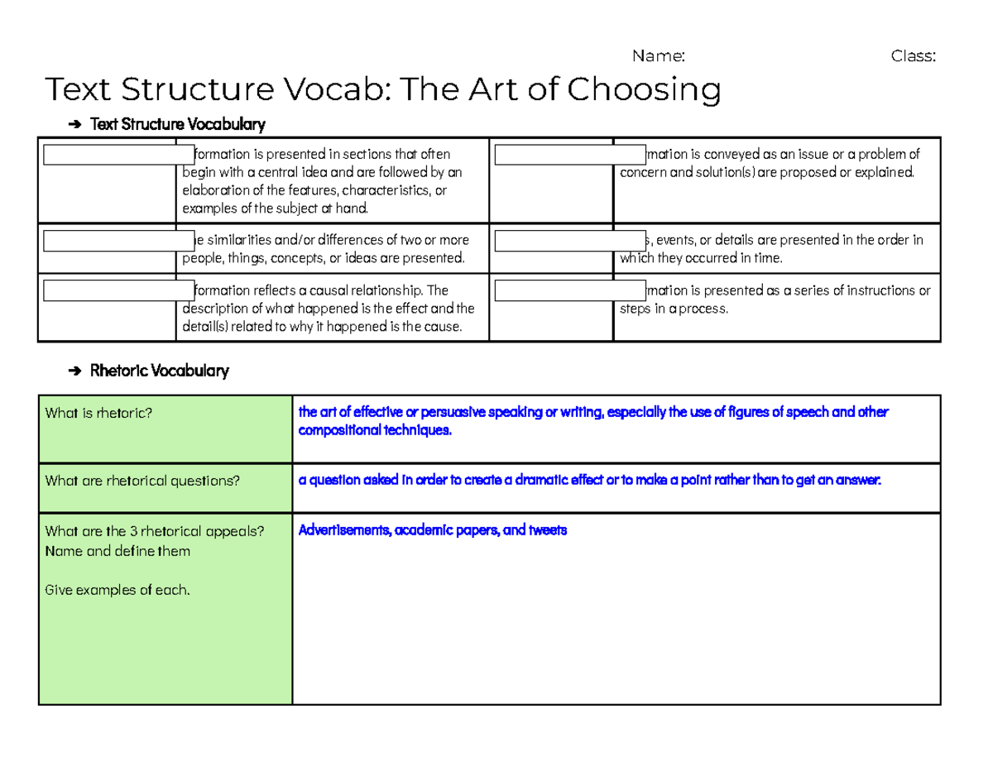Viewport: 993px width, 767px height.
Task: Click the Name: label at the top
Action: [658, 56]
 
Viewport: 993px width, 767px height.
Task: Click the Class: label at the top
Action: [913, 56]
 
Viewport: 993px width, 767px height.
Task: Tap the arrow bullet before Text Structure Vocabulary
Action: [75, 125]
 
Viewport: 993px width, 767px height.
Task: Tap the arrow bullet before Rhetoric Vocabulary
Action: [75, 372]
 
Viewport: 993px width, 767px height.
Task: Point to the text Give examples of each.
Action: [118, 590]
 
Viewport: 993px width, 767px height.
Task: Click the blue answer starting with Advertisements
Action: [432, 530]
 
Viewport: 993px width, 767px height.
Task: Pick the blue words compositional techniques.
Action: [375, 431]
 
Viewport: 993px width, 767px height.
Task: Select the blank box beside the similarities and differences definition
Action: [118, 241]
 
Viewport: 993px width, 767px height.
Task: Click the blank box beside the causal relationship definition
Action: [118, 291]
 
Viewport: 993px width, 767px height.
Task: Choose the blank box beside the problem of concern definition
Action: [569, 155]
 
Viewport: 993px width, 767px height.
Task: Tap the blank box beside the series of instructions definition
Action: [569, 291]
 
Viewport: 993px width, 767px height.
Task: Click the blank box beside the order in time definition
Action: [569, 241]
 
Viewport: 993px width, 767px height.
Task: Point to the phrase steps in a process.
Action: [674, 309]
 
